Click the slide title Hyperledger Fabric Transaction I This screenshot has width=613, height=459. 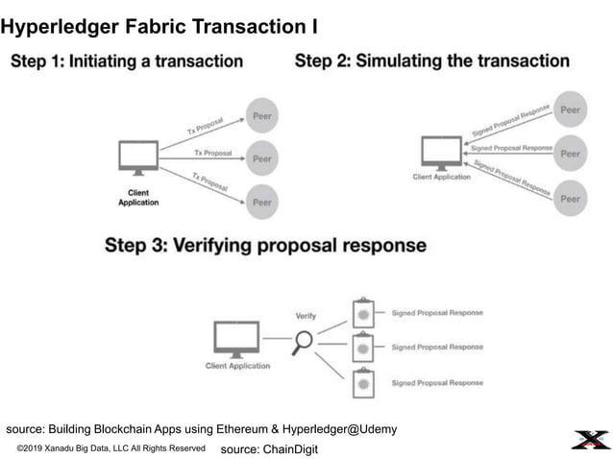click(x=159, y=26)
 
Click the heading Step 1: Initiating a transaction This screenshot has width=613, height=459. click(x=127, y=61)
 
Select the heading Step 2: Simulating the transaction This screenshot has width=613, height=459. click(x=431, y=61)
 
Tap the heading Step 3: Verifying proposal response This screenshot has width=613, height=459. click(x=265, y=245)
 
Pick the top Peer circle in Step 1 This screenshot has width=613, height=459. click(x=262, y=114)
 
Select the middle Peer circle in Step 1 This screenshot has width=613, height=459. click(x=262, y=158)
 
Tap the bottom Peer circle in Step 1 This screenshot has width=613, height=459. click(x=262, y=202)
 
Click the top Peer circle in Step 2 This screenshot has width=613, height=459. click(x=571, y=109)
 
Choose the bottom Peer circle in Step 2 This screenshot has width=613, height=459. click(x=571, y=199)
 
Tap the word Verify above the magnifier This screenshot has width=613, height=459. click(x=306, y=315)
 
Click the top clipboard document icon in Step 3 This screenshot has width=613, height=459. click(x=363, y=313)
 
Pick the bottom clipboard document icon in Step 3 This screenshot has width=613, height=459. click(x=363, y=383)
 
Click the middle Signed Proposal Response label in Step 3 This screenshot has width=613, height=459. click(x=437, y=347)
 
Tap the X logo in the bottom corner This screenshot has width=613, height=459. click(x=588, y=440)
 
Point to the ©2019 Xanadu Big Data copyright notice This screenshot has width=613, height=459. click(x=111, y=448)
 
